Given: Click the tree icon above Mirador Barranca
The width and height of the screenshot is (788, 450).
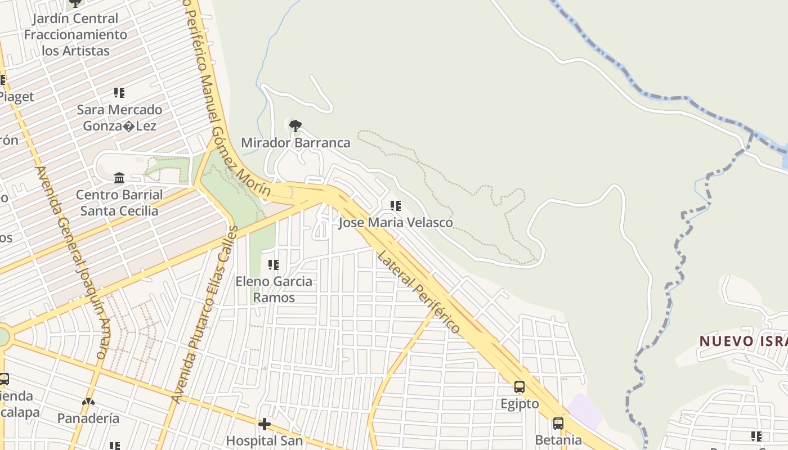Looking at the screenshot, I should pos(295,125).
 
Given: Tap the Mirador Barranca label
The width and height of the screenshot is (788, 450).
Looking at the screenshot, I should pos(295,143).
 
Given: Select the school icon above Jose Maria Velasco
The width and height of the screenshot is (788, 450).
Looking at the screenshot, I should pos(396,206).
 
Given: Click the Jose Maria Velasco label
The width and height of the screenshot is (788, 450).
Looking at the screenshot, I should pos(395,223).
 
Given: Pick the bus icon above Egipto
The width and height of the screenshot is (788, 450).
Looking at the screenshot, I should pos(520,387).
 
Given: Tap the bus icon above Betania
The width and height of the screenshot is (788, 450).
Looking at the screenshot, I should pos(558,423).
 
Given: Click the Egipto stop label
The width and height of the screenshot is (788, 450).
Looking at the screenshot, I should pos(520,404).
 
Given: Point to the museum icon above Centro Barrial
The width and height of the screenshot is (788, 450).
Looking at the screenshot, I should pos(119,178).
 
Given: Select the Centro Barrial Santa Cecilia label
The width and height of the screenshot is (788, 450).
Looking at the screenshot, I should pos(119,203).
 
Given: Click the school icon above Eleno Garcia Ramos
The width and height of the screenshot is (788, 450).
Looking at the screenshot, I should pos(274,264).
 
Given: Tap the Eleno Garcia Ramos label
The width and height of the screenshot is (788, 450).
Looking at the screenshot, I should pos(274,289).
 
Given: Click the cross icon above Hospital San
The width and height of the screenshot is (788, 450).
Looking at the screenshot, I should pos(264,424).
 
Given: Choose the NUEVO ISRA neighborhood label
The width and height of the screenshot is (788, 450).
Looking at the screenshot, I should pos(743,341).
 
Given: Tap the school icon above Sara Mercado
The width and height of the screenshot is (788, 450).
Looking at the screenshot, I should pos(119,92).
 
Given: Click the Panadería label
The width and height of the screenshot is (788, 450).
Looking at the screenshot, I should pos(88,418).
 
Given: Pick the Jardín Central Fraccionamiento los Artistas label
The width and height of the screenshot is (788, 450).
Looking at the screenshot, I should pos(75,34).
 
